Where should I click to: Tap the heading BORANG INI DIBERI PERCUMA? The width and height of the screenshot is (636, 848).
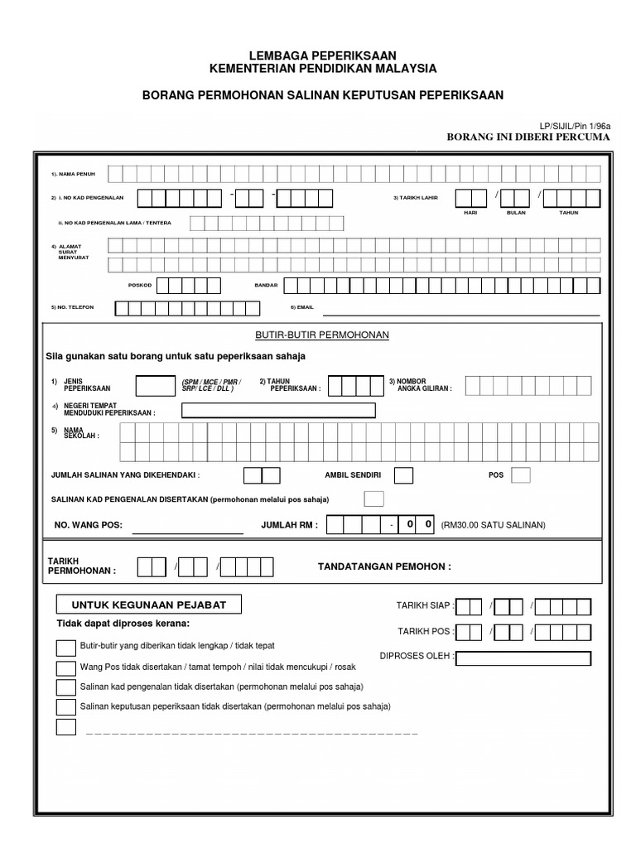(x=528, y=137)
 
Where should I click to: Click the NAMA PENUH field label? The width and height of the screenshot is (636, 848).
(x=70, y=175)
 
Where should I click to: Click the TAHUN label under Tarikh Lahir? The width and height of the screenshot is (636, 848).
(x=568, y=213)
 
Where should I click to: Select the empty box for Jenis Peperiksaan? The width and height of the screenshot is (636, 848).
(x=154, y=386)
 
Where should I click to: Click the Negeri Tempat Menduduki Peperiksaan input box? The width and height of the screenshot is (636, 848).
(x=278, y=411)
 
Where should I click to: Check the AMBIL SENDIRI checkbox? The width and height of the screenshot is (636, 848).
(x=403, y=475)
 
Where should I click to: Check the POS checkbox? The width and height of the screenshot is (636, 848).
(x=521, y=475)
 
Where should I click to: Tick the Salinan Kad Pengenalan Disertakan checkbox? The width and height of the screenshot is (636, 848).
(x=374, y=499)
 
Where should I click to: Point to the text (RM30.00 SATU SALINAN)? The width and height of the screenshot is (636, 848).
(x=494, y=525)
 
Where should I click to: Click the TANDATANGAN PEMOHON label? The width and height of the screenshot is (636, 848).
(x=384, y=566)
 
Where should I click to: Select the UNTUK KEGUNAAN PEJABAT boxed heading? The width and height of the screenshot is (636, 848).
(x=148, y=605)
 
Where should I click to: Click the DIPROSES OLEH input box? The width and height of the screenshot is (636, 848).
(x=523, y=658)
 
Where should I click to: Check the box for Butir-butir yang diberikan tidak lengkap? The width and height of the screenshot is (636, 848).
(x=65, y=647)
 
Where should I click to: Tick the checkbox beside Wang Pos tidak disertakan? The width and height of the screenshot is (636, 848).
(x=65, y=667)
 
